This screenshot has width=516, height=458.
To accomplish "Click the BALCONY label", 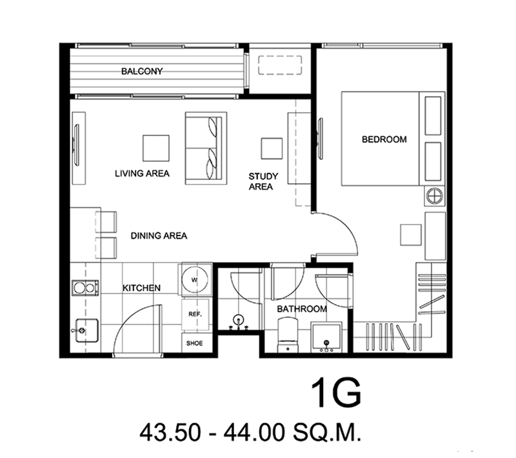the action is point(142,71).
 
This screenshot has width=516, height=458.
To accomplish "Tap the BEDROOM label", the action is point(384,139).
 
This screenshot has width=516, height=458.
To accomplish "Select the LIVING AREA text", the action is point(142,174).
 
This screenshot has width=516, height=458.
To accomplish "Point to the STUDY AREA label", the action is point(263,181).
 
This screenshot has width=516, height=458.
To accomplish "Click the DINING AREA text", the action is point(159,235).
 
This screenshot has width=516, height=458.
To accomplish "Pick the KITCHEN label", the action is point(141,288).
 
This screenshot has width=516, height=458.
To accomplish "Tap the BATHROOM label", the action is point(302,309).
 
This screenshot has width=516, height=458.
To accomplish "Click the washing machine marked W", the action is point(195,280).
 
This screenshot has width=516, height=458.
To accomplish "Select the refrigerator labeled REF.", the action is point(195,314).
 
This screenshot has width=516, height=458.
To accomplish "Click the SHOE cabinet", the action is point(195,343).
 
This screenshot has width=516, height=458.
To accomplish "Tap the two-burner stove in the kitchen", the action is point(84,288).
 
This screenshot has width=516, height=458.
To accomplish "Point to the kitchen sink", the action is point(86,330).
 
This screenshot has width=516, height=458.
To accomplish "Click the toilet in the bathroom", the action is point(288,335).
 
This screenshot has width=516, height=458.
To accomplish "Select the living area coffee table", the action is point(156,148).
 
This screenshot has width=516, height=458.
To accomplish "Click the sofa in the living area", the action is point(206,148).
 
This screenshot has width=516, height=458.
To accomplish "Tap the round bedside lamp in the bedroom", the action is point(434,197).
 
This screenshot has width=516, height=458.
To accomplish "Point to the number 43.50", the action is point(170,432).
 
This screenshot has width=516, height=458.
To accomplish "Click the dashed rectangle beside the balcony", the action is point(280,65).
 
